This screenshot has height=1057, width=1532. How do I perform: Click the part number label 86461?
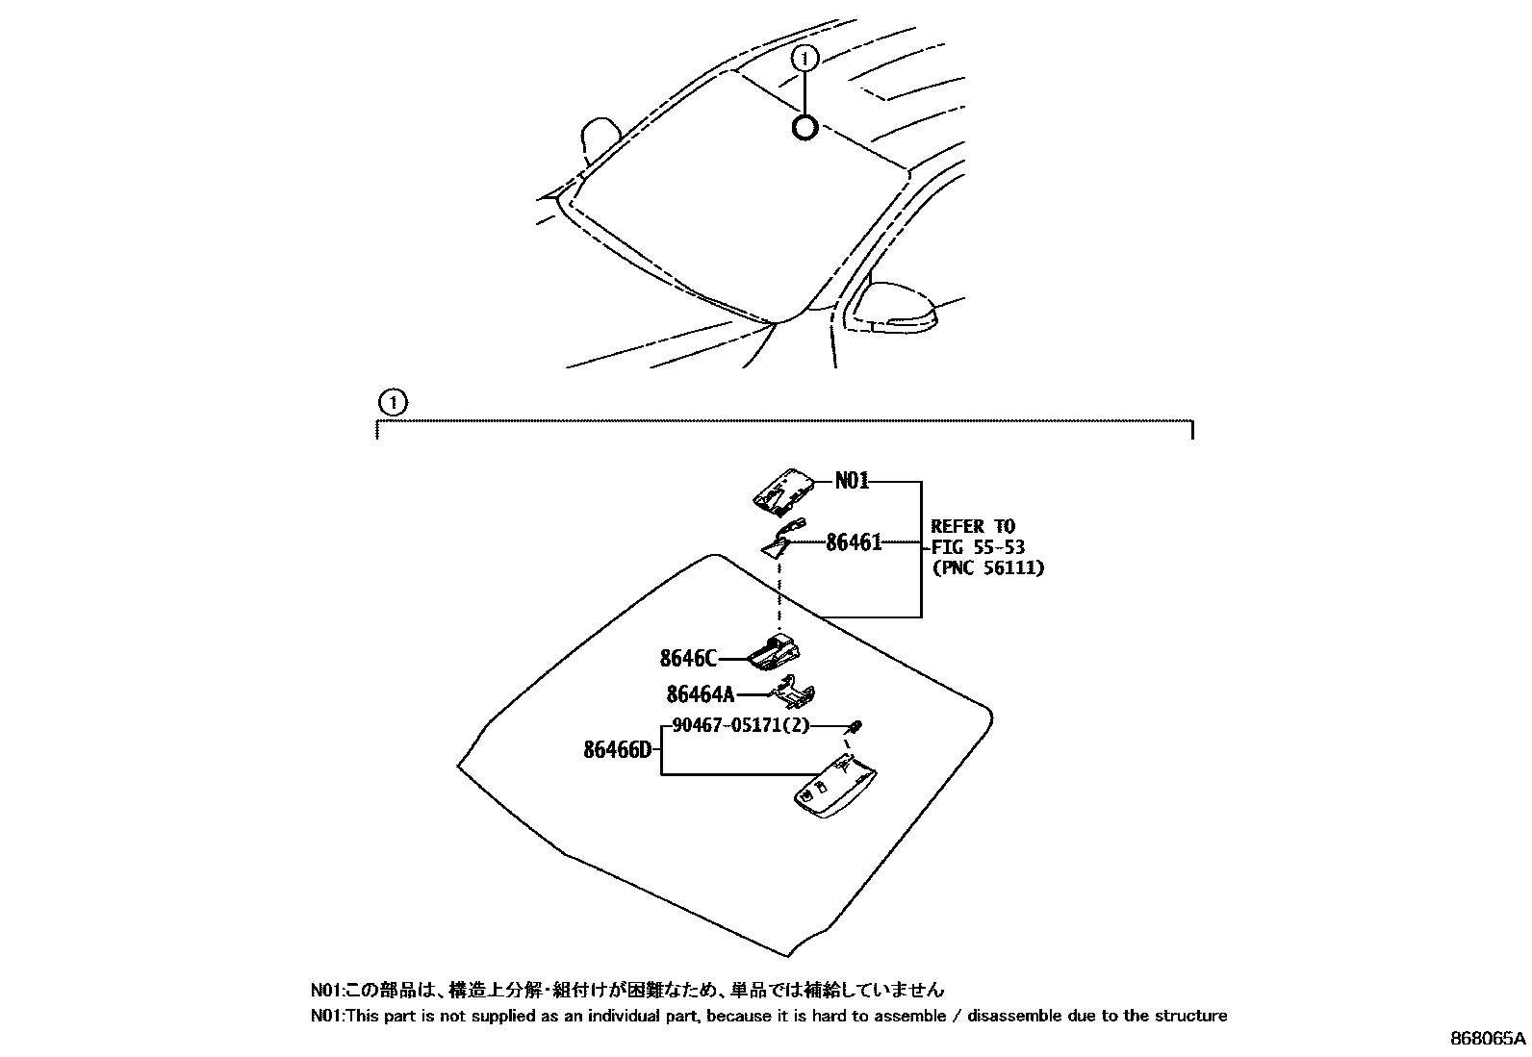click(854, 542)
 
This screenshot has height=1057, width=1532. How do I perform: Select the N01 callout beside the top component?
click(852, 480)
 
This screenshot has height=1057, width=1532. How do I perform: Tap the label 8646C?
click(688, 659)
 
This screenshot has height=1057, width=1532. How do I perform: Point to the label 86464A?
click(700, 693)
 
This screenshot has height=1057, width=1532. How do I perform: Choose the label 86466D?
click(617, 749)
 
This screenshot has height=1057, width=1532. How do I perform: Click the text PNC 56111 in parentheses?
click(987, 567)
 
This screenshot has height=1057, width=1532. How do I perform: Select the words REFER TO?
click(973, 526)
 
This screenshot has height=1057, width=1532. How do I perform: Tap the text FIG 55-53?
click(978, 547)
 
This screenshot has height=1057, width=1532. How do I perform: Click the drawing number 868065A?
click(1488, 1039)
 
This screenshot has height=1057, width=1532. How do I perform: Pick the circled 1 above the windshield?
click(804, 60)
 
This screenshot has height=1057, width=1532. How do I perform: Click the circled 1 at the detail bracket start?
click(393, 401)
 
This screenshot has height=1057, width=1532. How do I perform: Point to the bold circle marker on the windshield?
click(804, 127)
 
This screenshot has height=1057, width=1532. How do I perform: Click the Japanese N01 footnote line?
click(626, 990)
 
